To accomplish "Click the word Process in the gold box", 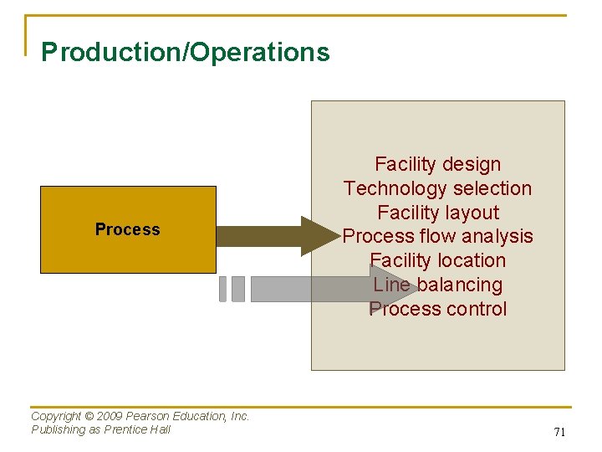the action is (127, 229).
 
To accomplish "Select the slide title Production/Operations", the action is (186, 53).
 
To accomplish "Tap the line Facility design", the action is (437, 164).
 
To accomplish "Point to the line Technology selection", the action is (437, 188).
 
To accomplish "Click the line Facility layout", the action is (437, 213).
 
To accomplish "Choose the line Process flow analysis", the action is (437, 236).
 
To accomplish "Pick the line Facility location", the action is (437, 260).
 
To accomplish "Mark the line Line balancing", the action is (437, 285).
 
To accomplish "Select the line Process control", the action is (437, 309).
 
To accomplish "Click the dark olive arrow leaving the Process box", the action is (268, 236).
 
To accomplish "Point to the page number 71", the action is (560, 432).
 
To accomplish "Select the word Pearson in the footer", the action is (147, 416).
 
